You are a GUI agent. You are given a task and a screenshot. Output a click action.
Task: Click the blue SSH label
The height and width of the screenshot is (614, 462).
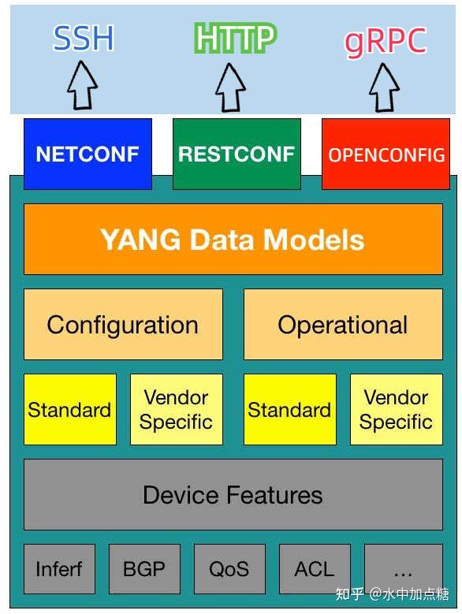pyautogui.click(x=83, y=39)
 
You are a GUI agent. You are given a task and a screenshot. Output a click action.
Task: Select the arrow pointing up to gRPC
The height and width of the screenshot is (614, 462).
pyautogui.click(x=385, y=86)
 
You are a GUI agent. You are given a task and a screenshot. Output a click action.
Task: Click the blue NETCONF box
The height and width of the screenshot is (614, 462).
pyautogui.click(x=88, y=154)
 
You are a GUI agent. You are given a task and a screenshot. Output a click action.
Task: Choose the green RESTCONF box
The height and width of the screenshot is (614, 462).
pyautogui.click(x=237, y=154)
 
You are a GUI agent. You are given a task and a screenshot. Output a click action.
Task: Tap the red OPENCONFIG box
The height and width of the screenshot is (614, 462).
pyautogui.click(x=386, y=154)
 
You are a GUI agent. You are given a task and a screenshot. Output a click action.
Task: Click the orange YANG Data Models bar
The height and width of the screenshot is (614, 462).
pyautogui.click(x=233, y=240)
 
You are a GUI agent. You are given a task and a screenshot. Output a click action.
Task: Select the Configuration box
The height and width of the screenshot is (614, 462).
pyautogui.click(x=123, y=325)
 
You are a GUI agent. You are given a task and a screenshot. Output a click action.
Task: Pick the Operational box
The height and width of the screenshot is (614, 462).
pyautogui.click(x=342, y=325)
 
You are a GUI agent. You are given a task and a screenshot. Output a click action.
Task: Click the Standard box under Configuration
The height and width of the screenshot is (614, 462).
pyautogui.click(x=69, y=410)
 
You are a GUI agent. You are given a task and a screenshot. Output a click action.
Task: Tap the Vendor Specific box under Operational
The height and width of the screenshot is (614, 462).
pyautogui.click(x=396, y=410)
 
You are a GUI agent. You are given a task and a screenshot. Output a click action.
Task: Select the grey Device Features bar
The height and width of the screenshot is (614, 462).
pyautogui.click(x=233, y=495)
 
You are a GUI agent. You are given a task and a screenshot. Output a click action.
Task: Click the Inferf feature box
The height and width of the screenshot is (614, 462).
pyautogui.click(x=59, y=569)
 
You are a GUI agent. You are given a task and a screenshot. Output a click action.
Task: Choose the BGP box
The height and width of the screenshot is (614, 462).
pyautogui.click(x=144, y=569)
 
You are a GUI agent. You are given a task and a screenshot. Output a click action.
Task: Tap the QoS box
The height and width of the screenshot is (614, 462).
pyautogui.click(x=229, y=569)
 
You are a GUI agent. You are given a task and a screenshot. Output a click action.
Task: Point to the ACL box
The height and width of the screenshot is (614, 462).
pyautogui.click(x=315, y=569)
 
